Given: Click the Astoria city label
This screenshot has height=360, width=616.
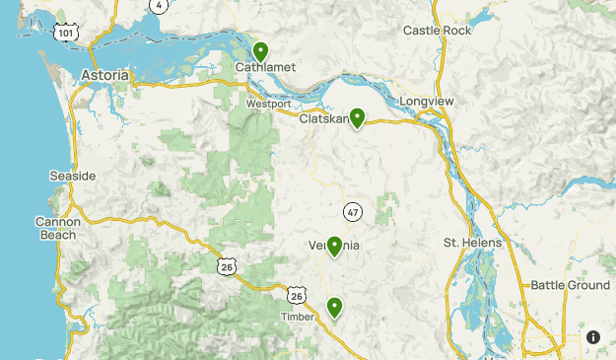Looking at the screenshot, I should (x=104, y=75).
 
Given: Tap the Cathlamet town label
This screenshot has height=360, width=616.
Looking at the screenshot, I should (x=261, y=68).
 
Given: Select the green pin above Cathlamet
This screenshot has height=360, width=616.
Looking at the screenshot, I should (x=261, y=51).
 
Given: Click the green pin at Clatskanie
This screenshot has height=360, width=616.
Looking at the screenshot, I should (x=357, y=117).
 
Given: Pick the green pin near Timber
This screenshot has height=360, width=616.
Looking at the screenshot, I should (x=335, y=308).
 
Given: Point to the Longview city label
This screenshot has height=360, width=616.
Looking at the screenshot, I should (x=425, y=101).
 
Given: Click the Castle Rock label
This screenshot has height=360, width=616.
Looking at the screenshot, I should (x=438, y=32).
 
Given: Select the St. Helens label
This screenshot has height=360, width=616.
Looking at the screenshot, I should (x=472, y=243).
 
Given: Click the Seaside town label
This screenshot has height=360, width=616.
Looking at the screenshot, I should (x=73, y=176).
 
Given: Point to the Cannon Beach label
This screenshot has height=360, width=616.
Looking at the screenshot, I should (x=56, y=229).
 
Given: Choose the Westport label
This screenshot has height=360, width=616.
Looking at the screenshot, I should (x=268, y=103).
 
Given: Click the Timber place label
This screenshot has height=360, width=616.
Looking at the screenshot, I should (x=297, y=317).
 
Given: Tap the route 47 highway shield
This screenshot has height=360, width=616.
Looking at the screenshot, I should (x=353, y=211).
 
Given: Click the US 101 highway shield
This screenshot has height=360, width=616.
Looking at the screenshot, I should (x=66, y=33).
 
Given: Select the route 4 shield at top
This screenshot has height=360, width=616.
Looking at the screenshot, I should (x=159, y=5).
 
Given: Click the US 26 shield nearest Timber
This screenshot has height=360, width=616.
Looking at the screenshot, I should (x=298, y=295).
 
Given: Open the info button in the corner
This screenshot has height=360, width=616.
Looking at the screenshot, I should (x=593, y=337).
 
